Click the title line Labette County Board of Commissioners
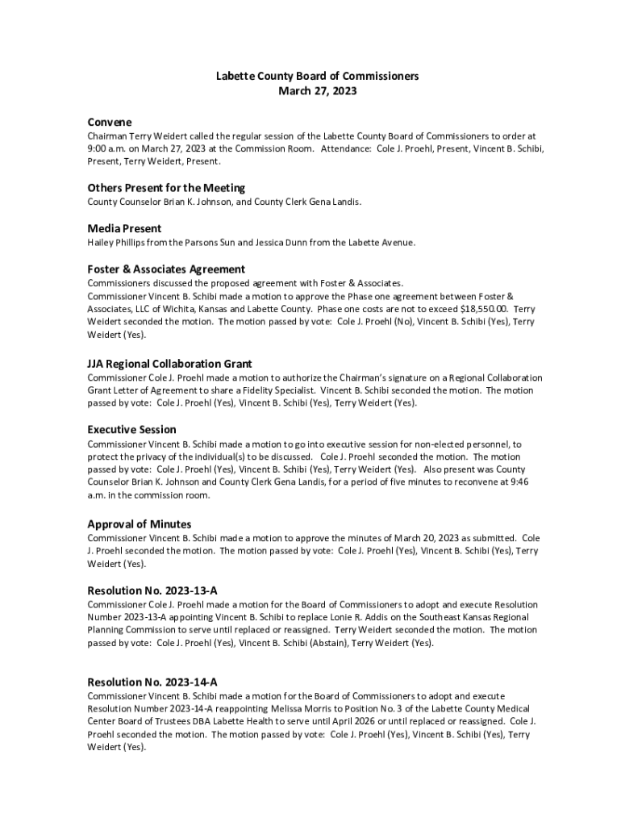317,76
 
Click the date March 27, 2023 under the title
317,91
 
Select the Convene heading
110,122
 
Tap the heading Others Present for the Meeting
166,188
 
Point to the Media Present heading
124,228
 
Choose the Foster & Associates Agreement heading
166,269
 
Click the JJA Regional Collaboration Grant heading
169,364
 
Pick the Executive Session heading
131,429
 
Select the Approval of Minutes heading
139,524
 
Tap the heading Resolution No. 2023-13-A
152,590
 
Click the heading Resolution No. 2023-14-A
152,682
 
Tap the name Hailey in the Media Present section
101,242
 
